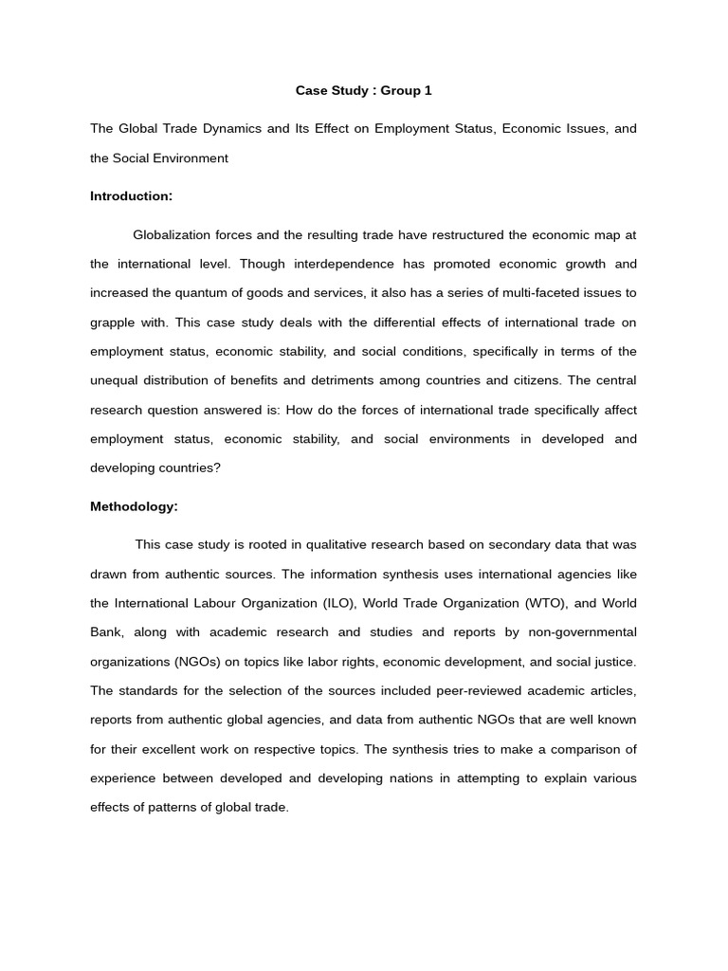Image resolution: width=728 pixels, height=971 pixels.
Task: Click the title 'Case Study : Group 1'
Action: coord(363,90)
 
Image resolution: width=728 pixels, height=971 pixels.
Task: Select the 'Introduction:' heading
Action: coord(131,196)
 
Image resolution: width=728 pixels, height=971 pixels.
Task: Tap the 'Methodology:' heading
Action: coord(134,506)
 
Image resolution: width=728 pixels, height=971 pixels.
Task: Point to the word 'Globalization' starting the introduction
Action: coord(171,234)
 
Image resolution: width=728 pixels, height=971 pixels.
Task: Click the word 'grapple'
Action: coord(113,322)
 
